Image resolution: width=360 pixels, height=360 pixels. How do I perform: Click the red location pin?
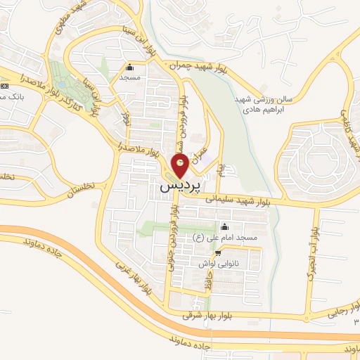coord(180,167)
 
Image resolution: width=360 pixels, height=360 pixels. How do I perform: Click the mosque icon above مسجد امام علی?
coord(224,226)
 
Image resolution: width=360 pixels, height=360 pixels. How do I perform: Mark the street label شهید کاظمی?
coord(352,130)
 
